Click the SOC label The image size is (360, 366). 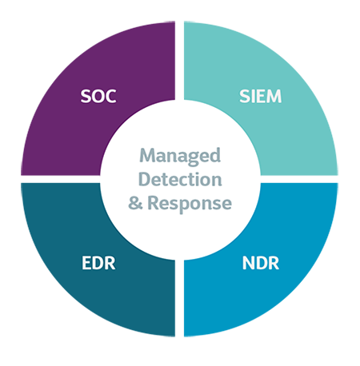pyautogui.click(x=98, y=96)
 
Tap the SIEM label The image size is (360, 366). pyautogui.click(x=260, y=96)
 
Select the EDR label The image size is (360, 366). pyautogui.click(x=98, y=263)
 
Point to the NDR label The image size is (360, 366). pyautogui.click(x=261, y=263)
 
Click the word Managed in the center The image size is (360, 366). pyautogui.click(x=180, y=157)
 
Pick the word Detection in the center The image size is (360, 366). pyautogui.click(x=180, y=179)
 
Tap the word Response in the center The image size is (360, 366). pyautogui.click(x=190, y=204)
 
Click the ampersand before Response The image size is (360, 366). pyautogui.click(x=135, y=203)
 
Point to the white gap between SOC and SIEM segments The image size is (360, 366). pyautogui.click(x=179, y=61)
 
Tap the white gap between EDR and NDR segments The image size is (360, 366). pyautogui.click(x=179, y=298)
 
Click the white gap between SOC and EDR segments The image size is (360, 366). pyautogui.click(x=61, y=179)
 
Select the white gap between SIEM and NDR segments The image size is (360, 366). pyautogui.click(x=298, y=179)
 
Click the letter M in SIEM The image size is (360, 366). pyautogui.click(x=274, y=96)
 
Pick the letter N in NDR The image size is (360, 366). pyautogui.click(x=248, y=263)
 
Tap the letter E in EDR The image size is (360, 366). pyautogui.click(x=86, y=263)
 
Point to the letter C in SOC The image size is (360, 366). pyautogui.click(x=110, y=96)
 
